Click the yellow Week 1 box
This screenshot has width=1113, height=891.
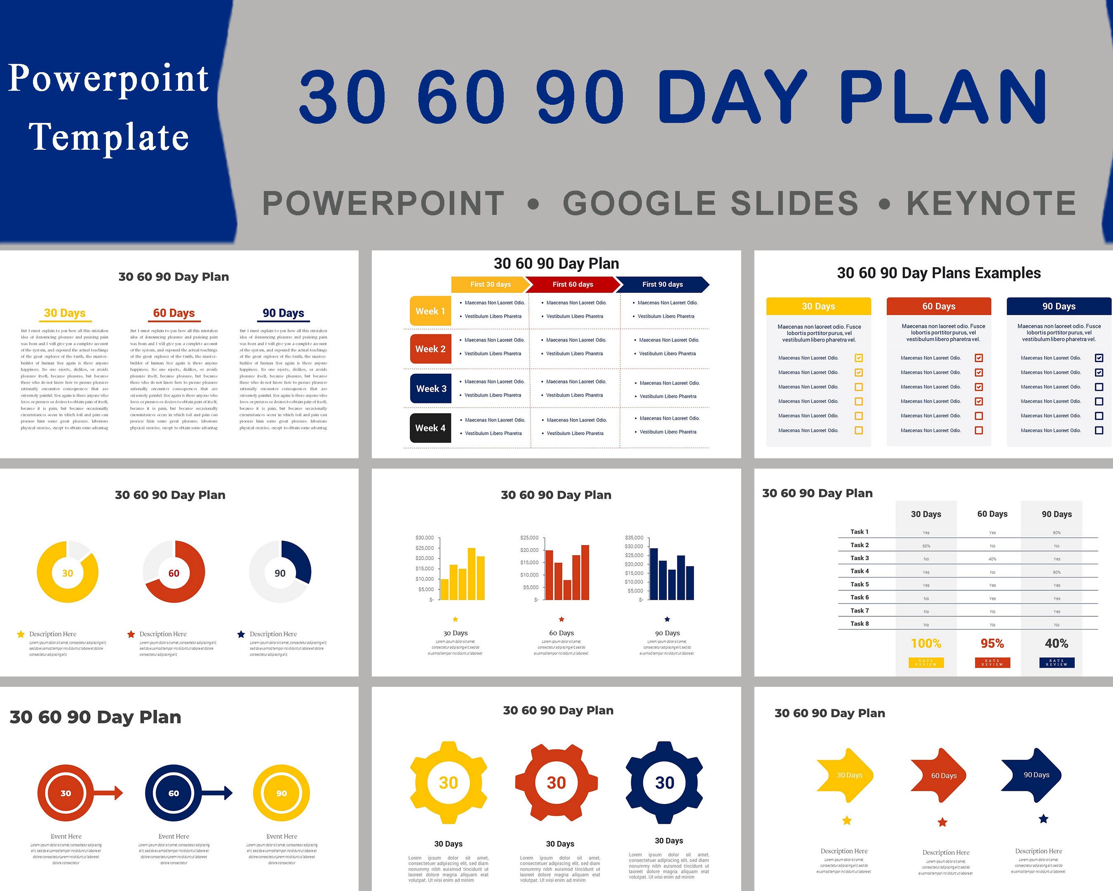[x=430, y=311]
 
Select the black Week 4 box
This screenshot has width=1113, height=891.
[x=430, y=428]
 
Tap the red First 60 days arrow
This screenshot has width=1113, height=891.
[x=573, y=284]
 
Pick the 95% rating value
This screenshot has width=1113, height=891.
[x=992, y=643]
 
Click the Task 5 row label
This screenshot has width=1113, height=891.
[x=859, y=584]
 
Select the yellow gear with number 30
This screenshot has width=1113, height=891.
[x=448, y=783]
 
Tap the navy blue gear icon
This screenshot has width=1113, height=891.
[x=665, y=783]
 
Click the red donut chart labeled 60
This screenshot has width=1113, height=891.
[x=174, y=572]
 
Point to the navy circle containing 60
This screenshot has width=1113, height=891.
[x=174, y=793]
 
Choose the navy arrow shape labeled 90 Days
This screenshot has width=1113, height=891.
[x=1033, y=775]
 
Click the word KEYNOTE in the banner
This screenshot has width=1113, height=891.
[x=991, y=203]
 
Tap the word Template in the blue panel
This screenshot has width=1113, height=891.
[x=109, y=137]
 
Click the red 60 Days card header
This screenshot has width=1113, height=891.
[x=939, y=306]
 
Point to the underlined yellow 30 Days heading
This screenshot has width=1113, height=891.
[x=65, y=313]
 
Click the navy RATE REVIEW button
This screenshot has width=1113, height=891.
[x=1056, y=663]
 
